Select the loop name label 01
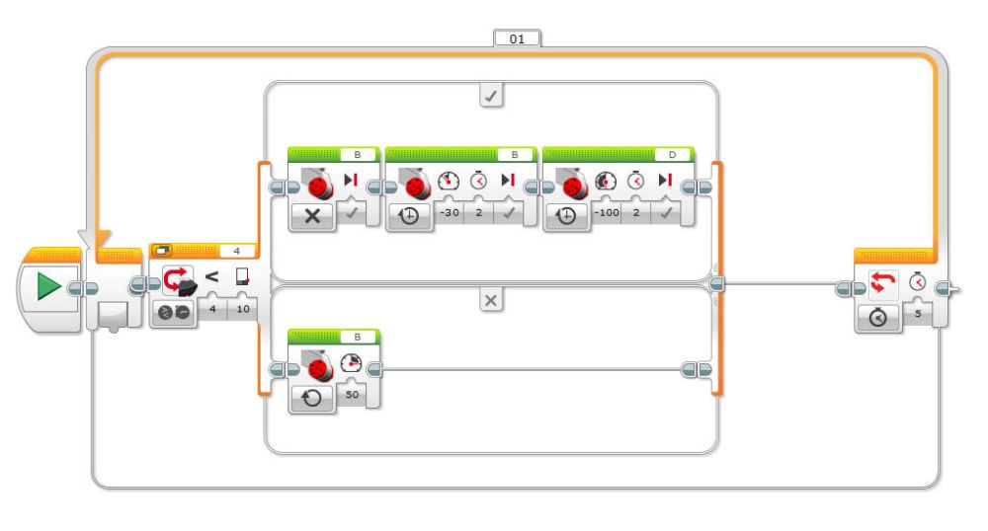pyautogui.click(x=517, y=39)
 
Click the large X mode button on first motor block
pyautogui.click(x=311, y=216)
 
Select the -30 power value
pyautogui.click(x=447, y=214)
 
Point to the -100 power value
pyautogui.click(x=606, y=214)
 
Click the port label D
pyautogui.click(x=673, y=155)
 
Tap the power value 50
pyautogui.click(x=352, y=394)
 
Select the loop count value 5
pyautogui.click(x=917, y=315)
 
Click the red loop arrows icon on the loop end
pyautogui.click(x=879, y=282)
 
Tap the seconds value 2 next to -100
pyautogui.click(x=636, y=214)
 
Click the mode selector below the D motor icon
pyautogui.click(x=566, y=216)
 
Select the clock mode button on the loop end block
pyautogui.click(x=878, y=317)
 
